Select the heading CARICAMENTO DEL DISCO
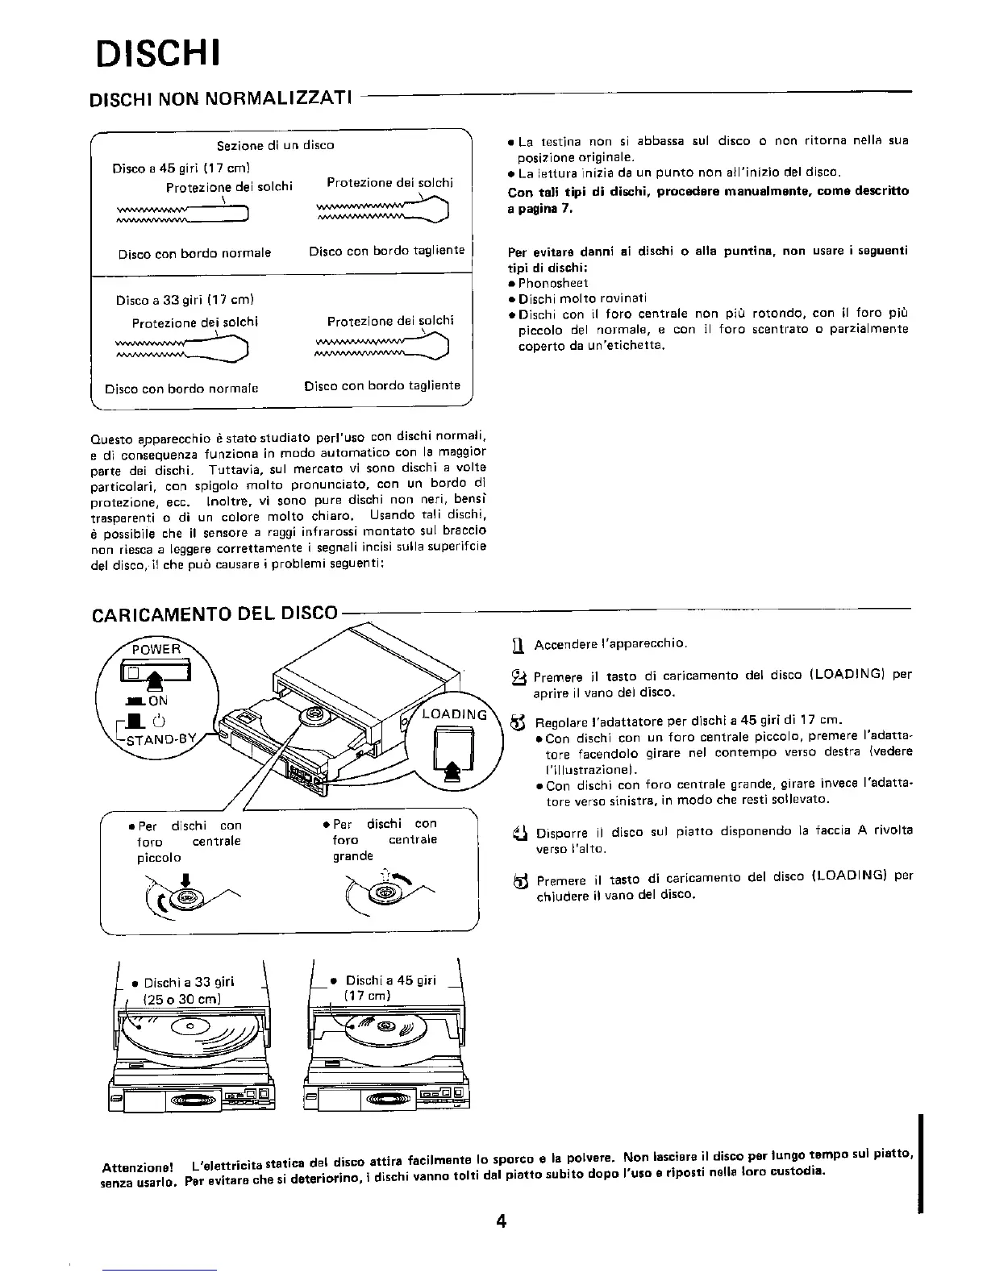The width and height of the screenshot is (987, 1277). pyautogui.click(x=214, y=614)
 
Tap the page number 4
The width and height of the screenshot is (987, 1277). pyautogui.click(x=501, y=1221)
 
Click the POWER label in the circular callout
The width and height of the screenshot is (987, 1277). pyautogui.click(x=156, y=649)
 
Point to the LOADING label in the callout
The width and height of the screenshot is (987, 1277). pyautogui.click(x=455, y=715)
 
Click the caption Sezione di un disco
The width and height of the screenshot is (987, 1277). pyautogui.click(x=275, y=146)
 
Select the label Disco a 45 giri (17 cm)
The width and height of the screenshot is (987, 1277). pyautogui.click(x=181, y=168)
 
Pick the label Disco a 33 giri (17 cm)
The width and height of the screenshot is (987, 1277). pyautogui.click(x=185, y=301)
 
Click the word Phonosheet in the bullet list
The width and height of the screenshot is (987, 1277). pyautogui.click(x=552, y=283)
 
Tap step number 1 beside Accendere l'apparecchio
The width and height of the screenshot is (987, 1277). pyautogui.click(x=519, y=644)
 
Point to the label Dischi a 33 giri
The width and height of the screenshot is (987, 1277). pyautogui.click(x=188, y=981)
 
